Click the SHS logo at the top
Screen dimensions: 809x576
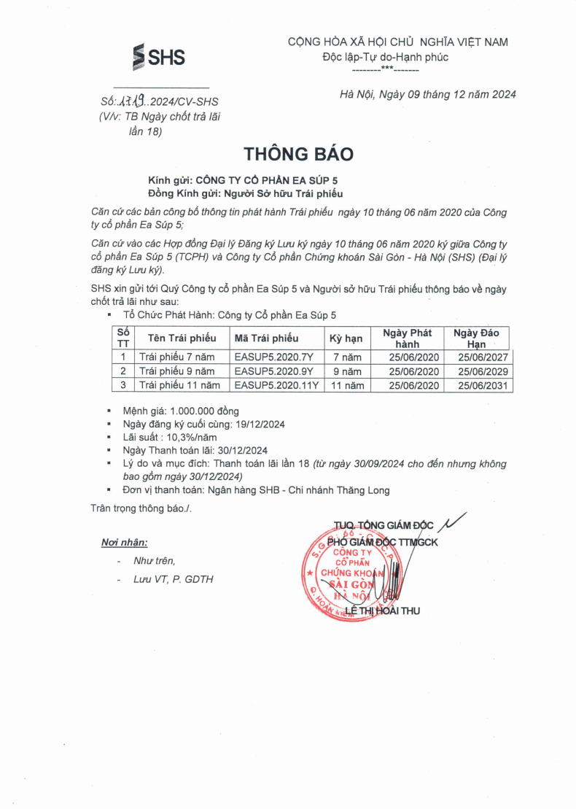point(159,57)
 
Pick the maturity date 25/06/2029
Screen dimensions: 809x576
point(483,371)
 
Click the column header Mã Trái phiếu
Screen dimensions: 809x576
point(267,338)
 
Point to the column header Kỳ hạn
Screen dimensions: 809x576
point(346,338)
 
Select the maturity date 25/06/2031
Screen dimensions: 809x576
point(483,385)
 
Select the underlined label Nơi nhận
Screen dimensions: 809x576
point(124,542)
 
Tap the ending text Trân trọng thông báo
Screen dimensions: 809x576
point(141,507)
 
